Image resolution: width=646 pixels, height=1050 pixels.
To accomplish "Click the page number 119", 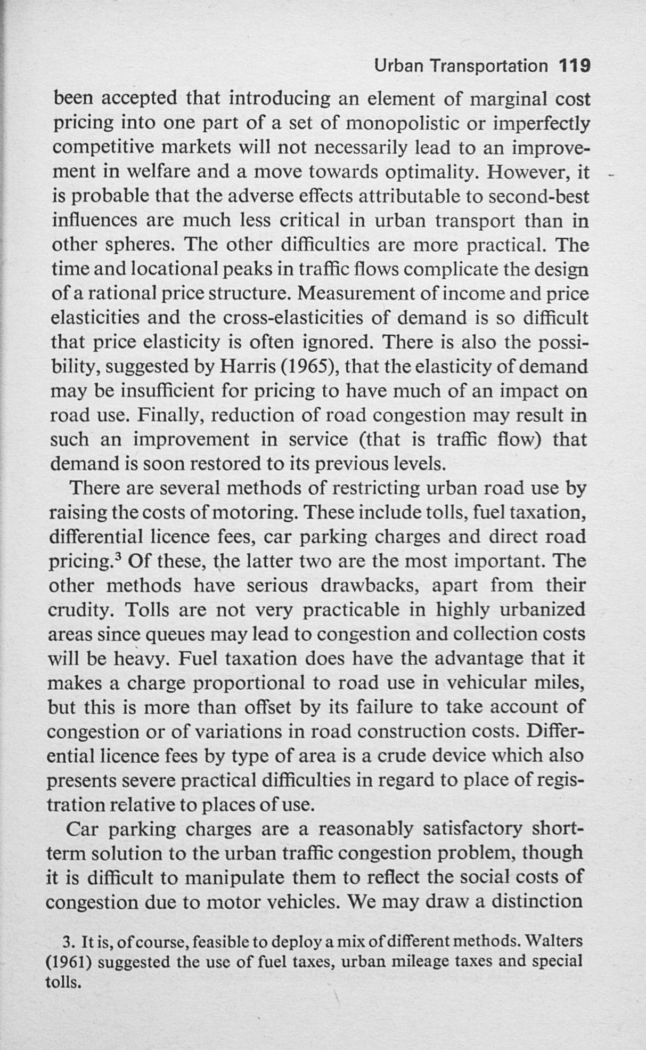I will point(575,66).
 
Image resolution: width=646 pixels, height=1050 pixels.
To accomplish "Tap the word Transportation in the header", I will point(488,66).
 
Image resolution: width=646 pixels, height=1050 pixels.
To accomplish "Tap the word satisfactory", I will point(468,829).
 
